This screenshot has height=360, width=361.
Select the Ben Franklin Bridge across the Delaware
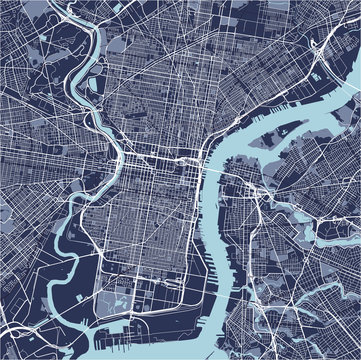[x=215, y=159]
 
